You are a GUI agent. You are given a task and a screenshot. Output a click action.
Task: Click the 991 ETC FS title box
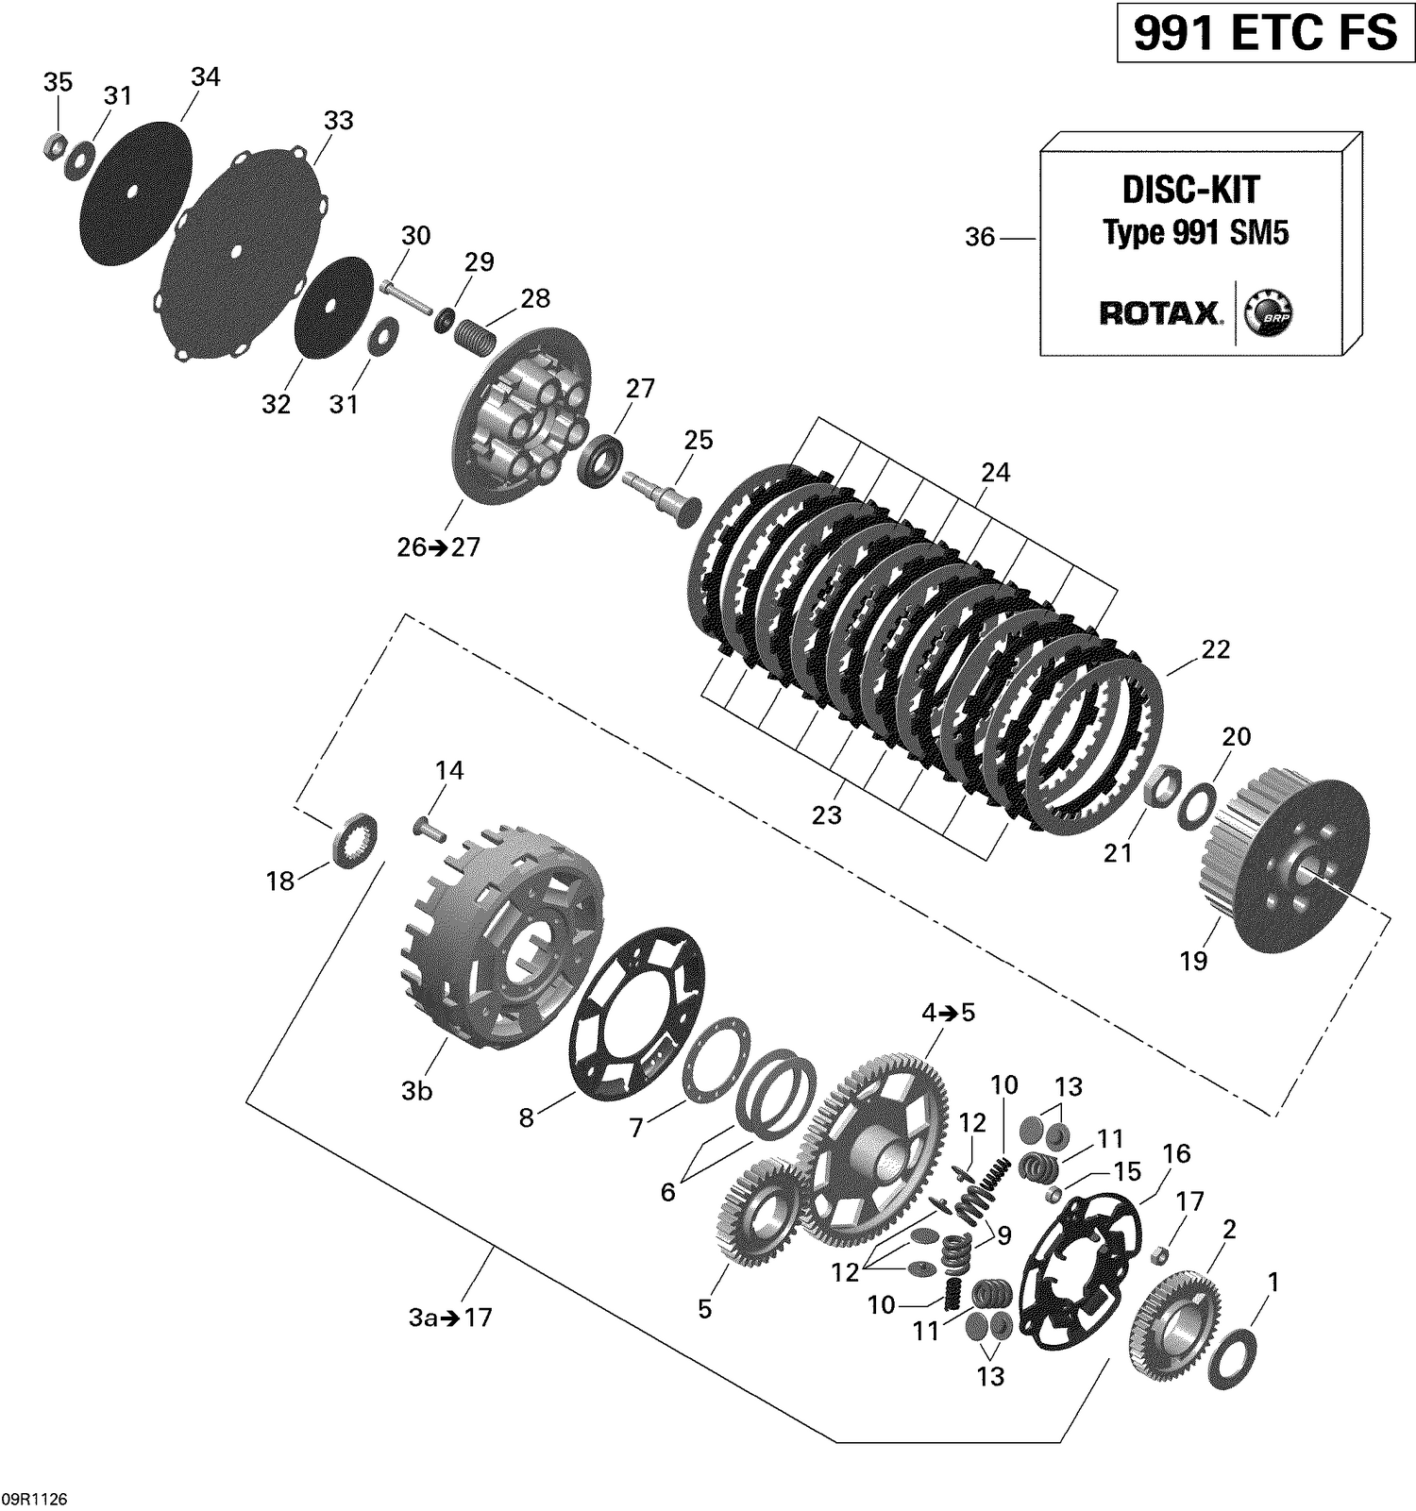[1265, 34]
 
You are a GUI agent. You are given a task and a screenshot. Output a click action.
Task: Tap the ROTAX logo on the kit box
[1160, 313]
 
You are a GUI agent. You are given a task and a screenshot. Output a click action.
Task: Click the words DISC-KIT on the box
[1190, 190]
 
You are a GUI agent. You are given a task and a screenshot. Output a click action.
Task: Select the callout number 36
[980, 237]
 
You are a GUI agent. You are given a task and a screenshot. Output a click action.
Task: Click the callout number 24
[995, 472]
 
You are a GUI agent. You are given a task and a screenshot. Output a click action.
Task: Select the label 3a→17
[450, 1318]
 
